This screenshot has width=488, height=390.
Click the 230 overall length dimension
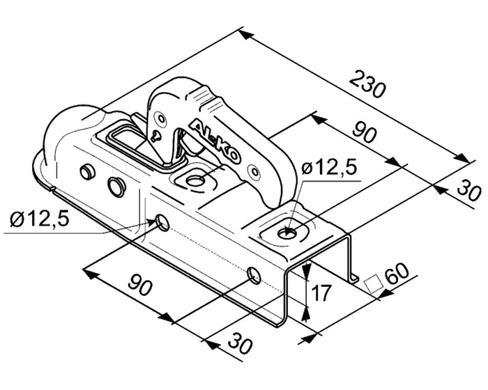coord(367,85)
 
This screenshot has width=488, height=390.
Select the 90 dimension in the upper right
coord(365,132)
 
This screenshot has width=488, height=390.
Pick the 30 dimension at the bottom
coord(240,343)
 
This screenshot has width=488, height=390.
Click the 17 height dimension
coord(321,293)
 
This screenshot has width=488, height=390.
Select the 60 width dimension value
coord(397,274)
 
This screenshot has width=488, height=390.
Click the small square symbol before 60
coord(374,283)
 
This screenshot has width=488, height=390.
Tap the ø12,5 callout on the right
coord(329,169)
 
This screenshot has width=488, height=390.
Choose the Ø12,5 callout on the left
coord(40,219)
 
